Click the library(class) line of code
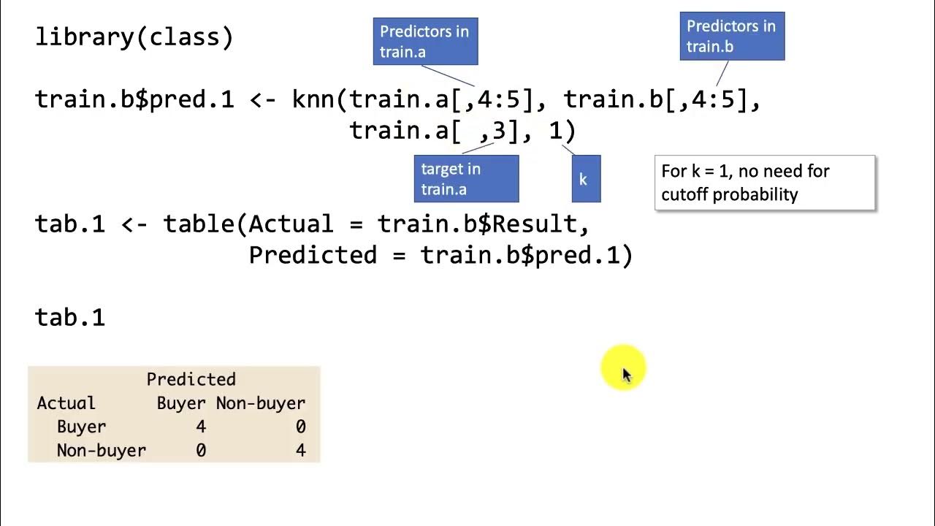click(x=134, y=37)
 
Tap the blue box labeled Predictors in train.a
click(x=425, y=42)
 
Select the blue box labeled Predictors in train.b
click(x=732, y=36)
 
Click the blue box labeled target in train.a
click(x=466, y=179)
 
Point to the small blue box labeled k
click(x=586, y=179)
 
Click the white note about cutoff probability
click(x=764, y=183)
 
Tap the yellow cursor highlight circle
click(x=624, y=368)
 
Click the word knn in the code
click(x=313, y=99)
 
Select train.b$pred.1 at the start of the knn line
click(x=134, y=99)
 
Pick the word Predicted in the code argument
click(x=313, y=255)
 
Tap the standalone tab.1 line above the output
click(x=70, y=317)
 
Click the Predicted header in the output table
click(x=191, y=379)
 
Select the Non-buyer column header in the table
click(x=261, y=403)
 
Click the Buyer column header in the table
click(x=181, y=403)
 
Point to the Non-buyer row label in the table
click(x=101, y=450)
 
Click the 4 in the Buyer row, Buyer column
click(x=201, y=427)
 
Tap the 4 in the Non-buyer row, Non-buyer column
click(x=300, y=450)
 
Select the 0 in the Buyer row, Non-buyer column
click(x=300, y=427)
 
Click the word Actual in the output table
click(x=66, y=403)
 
